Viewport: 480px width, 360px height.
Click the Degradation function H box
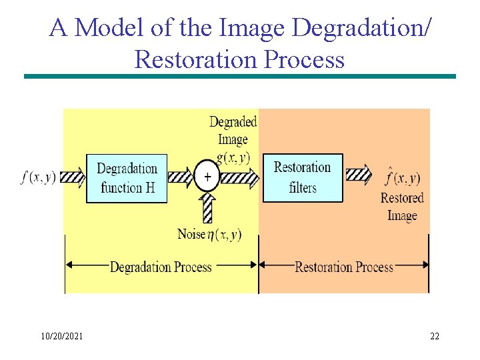(x=127, y=178)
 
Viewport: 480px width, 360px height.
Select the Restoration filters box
(x=302, y=177)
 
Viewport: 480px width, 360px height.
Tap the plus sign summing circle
(x=207, y=177)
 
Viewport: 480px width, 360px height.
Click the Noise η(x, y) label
(x=209, y=234)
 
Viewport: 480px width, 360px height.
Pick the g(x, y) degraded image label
(x=233, y=157)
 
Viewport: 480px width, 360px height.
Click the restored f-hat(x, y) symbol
(x=402, y=177)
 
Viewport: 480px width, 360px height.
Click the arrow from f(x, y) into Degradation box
(x=73, y=177)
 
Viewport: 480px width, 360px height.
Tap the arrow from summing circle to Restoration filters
(x=239, y=177)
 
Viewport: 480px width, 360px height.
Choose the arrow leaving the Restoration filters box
(x=358, y=176)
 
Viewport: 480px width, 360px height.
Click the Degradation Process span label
(x=160, y=267)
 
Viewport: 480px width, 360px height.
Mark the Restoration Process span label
(x=344, y=267)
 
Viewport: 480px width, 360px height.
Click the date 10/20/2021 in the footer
(x=61, y=337)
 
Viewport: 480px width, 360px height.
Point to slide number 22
(x=434, y=337)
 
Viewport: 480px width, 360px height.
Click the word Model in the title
(x=102, y=29)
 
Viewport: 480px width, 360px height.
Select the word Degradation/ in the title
(x=362, y=29)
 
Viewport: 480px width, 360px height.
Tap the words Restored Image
(x=402, y=207)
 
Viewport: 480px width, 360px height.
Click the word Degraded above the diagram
(x=233, y=122)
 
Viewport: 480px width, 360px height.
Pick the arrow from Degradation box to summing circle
(x=181, y=177)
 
